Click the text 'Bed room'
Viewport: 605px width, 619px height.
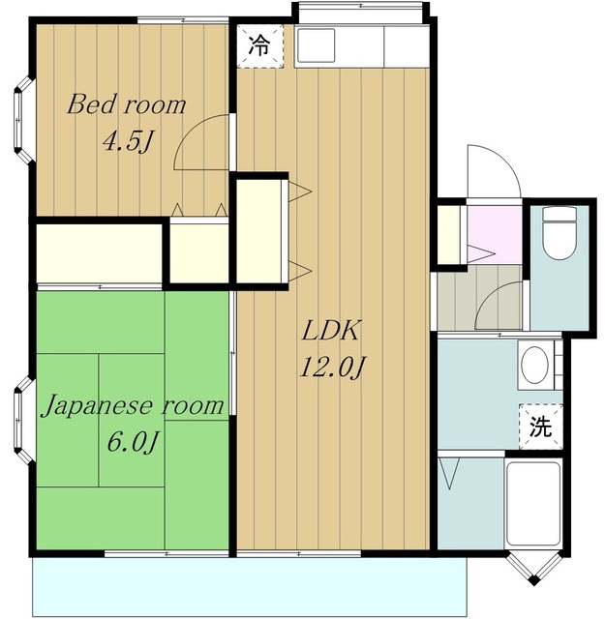coord(126,104)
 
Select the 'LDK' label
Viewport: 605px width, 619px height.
coord(331,331)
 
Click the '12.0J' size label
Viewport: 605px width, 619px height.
coord(331,368)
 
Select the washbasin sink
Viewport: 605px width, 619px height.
coord(534,366)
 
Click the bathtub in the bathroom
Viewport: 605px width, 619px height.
coord(533,504)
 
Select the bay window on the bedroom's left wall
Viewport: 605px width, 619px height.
coord(23,120)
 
